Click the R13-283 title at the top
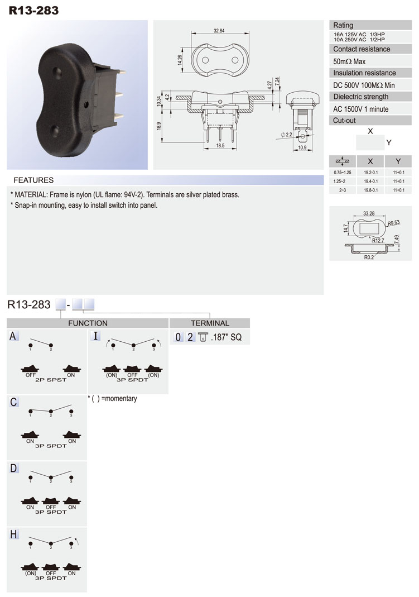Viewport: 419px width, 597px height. click(x=33, y=9)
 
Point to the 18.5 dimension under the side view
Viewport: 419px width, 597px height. click(x=220, y=145)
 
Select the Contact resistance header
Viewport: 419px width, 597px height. click(x=362, y=49)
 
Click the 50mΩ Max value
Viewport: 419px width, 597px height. click(x=349, y=61)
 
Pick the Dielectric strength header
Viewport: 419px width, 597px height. click(x=360, y=97)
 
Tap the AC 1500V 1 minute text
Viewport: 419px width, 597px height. click(x=360, y=109)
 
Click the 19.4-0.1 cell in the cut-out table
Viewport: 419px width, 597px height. click(x=370, y=181)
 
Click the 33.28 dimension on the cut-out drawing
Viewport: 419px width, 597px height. click(x=368, y=213)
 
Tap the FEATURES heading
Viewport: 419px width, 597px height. click(x=33, y=180)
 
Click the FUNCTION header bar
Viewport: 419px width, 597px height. click(x=88, y=323)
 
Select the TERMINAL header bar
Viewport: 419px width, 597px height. click(x=210, y=323)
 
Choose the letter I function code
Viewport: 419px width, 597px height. click(x=96, y=336)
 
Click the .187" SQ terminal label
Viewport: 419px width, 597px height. click(x=227, y=337)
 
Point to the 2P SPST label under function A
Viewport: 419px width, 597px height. click(x=48, y=379)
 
